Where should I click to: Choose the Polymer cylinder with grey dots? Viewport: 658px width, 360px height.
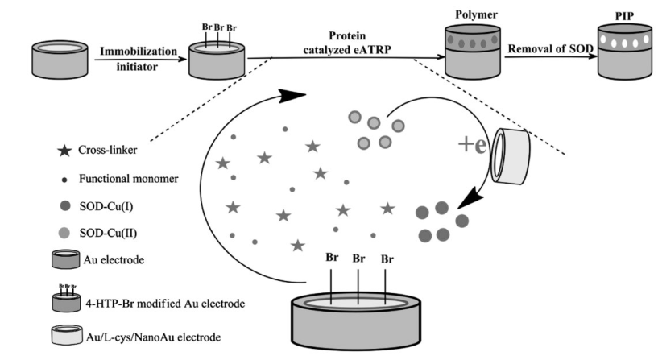coord(470,52)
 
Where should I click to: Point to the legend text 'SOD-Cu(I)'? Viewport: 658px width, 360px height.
coord(110,205)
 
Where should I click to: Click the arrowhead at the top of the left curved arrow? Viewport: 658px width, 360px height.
coord(296,95)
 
